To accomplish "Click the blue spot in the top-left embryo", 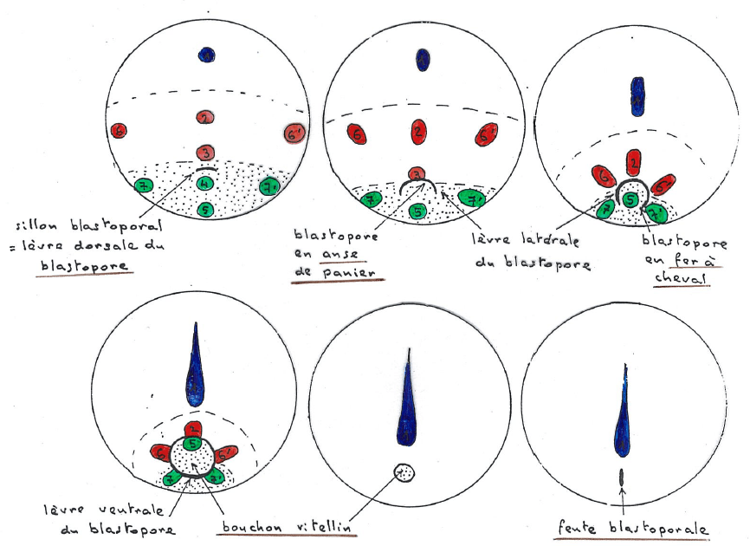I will pyautogui.click(x=206, y=55).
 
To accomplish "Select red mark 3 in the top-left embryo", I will pyautogui.click(x=205, y=153).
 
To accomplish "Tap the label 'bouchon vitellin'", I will pyautogui.click(x=286, y=526).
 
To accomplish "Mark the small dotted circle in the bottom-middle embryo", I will pyautogui.click(x=404, y=472).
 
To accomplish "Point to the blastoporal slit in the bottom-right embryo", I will pyautogui.click(x=623, y=477).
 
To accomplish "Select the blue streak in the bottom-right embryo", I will pyautogui.click(x=624, y=420).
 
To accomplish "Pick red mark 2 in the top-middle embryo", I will pyautogui.click(x=418, y=131).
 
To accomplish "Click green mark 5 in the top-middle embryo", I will pyautogui.click(x=417, y=210).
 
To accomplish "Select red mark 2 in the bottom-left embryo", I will pyautogui.click(x=194, y=428).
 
